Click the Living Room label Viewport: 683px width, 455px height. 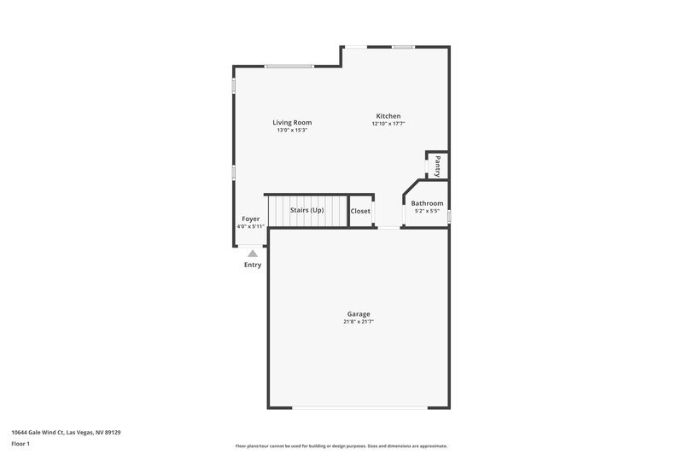click(291, 122)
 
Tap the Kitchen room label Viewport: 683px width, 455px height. click(388, 116)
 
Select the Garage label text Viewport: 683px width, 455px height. click(359, 313)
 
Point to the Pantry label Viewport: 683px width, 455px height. click(437, 164)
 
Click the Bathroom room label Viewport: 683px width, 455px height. click(427, 203)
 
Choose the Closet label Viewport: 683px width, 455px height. click(360, 211)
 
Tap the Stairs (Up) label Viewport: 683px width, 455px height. click(307, 210)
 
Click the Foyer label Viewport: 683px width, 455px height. click(250, 219)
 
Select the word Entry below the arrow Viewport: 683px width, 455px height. click(253, 265)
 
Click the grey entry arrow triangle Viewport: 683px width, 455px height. click(253, 254)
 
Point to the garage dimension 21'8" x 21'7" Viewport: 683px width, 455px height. click(359, 322)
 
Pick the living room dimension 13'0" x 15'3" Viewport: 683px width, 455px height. click(291, 131)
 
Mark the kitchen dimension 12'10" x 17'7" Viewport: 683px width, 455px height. click(388, 124)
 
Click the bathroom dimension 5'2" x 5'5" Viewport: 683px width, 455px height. click(427, 211)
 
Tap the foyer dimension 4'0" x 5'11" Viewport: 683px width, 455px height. click(251, 226)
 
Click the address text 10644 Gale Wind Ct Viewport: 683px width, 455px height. click(66, 432)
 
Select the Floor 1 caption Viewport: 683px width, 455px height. click(20, 444)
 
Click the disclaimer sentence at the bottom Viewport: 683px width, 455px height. click(341, 446)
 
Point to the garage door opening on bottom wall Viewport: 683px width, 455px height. click(359, 407)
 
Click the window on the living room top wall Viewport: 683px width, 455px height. click(289, 67)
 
